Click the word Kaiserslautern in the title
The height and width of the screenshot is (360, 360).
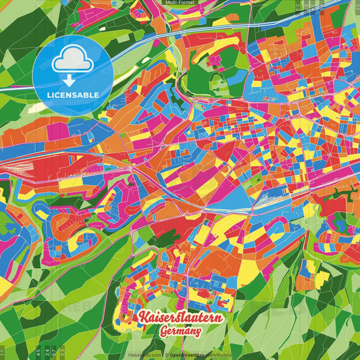(x=180, y=317)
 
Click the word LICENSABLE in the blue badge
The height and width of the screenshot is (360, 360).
(x=72, y=95)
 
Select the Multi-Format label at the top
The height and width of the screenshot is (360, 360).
(x=180, y=3)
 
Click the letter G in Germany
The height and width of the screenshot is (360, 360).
(x=164, y=332)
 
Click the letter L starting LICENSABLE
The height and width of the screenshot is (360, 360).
(x=49, y=95)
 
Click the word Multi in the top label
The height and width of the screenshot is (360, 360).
(x=171, y=3)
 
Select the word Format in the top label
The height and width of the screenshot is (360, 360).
(x=186, y=3)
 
